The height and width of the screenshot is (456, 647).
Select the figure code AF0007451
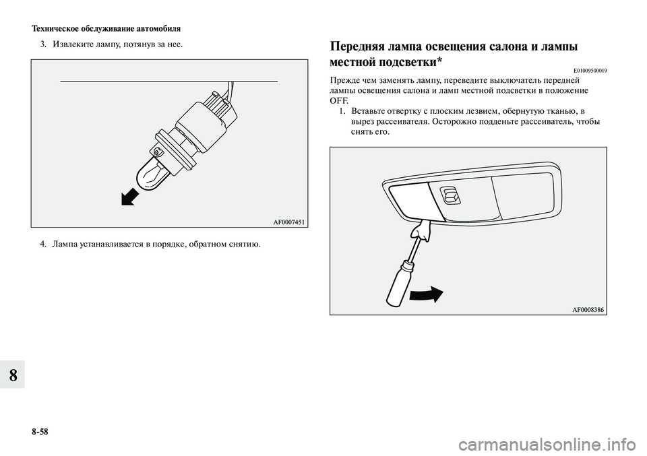pyautogui.click(x=289, y=220)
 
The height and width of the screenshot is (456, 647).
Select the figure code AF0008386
pyautogui.click(x=588, y=308)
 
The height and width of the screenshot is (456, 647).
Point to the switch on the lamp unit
pyautogui.click(x=451, y=196)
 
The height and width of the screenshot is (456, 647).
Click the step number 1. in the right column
pyautogui.click(x=342, y=110)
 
